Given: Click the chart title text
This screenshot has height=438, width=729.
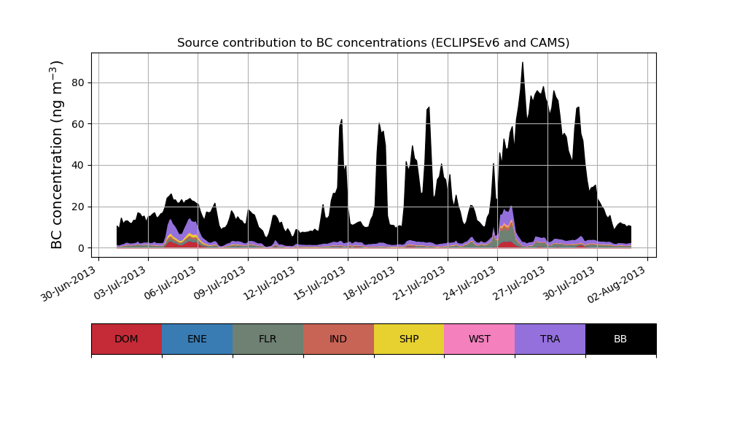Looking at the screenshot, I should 373,43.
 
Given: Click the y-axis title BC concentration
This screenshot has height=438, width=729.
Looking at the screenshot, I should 58,155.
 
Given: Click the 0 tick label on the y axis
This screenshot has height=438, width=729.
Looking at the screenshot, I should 81,248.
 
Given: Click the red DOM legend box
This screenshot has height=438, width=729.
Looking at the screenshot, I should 126,339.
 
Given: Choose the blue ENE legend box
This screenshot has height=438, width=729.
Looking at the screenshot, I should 197,339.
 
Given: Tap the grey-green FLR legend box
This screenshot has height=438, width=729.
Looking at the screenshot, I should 268,339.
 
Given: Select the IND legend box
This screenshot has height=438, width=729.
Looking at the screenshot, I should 338,339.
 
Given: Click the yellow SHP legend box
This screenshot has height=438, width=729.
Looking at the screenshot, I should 409,339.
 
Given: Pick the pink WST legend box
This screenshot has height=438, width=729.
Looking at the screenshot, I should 479,339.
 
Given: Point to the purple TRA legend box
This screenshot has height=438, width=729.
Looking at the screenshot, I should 550,339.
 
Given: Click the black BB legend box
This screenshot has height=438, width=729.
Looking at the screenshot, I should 620,339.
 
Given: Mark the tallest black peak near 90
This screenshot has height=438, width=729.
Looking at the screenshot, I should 523,64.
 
